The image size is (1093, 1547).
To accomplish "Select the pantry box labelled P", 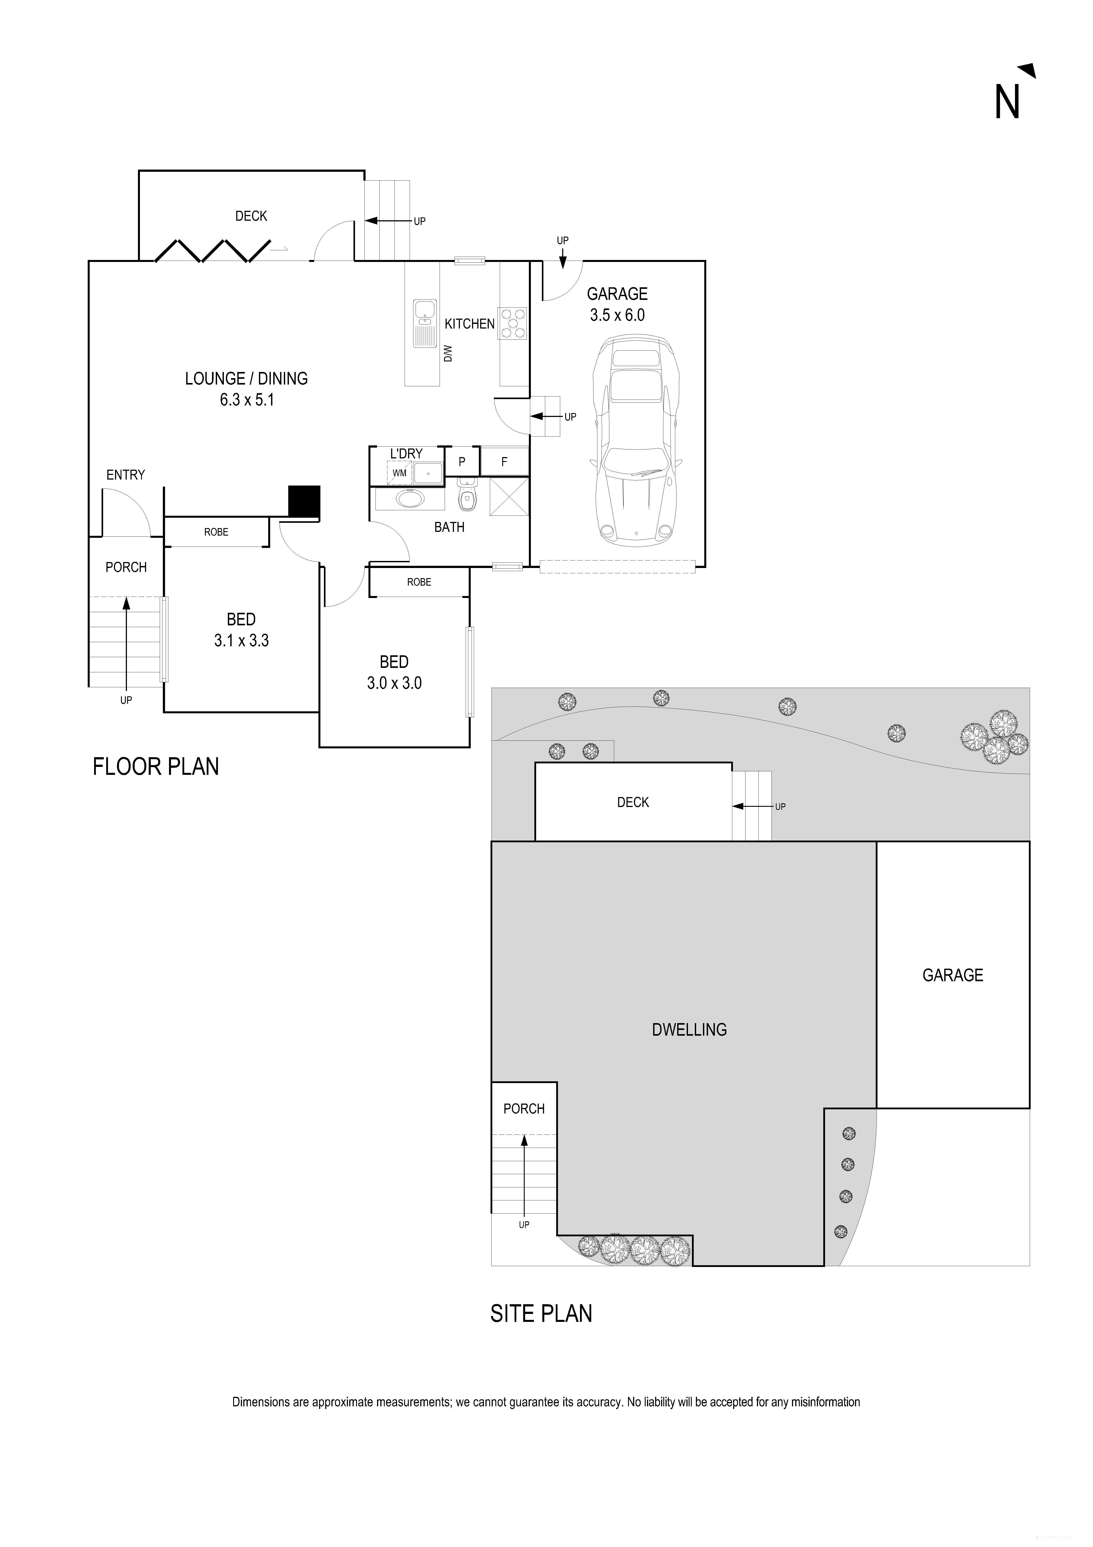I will [462, 461].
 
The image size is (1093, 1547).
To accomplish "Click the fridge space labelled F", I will [504, 461].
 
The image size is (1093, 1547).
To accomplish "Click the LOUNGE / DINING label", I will [247, 379].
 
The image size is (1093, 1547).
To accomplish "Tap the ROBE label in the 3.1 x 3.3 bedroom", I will [216, 532].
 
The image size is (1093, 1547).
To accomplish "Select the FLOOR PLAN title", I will [156, 767].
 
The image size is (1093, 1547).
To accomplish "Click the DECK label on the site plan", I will [633, 802].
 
